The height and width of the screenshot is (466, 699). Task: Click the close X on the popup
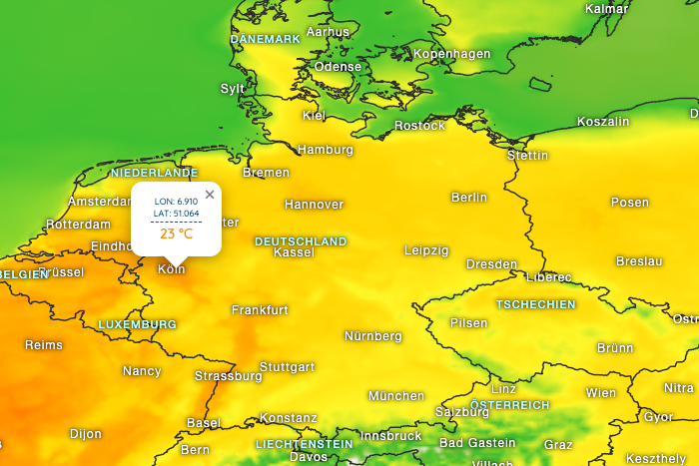(210, 195)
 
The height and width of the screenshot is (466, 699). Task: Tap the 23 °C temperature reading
(176, 234)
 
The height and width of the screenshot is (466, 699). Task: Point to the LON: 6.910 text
(176, 202)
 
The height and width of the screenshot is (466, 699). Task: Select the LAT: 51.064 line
(176, 214)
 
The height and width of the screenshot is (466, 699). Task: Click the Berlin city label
(469, 198)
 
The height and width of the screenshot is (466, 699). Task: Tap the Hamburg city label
(326, 150)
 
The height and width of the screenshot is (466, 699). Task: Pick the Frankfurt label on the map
(260, 310)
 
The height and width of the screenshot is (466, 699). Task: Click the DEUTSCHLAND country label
(301, 241)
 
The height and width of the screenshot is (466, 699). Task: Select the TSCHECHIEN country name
(536, 304)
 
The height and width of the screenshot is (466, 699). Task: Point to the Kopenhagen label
(451, 54)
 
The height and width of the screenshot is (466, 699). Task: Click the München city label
(396, 396)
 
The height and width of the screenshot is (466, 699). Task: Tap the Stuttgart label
(287, 367)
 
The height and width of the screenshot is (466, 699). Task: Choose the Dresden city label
(491, 264)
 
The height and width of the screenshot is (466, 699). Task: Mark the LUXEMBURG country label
(137, 324)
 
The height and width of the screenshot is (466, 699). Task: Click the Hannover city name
(314, 205)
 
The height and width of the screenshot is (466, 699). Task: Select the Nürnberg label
(372, 336)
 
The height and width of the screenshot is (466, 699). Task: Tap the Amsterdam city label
(98, 202)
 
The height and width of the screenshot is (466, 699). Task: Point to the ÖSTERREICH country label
(510, 405)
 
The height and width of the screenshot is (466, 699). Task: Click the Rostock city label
(419, 126)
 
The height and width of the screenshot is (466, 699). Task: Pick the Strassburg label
(228, 376)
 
